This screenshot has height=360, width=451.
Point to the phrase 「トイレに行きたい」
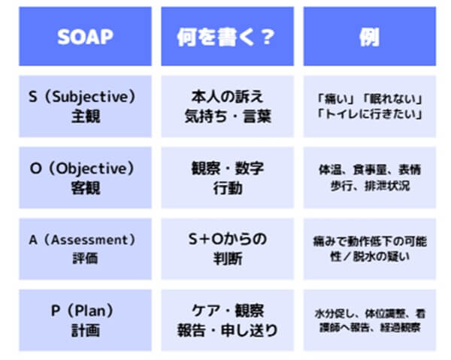[368, 114]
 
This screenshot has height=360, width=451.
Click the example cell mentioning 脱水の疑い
[368, 249]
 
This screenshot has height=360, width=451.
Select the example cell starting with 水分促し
[368, 321]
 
